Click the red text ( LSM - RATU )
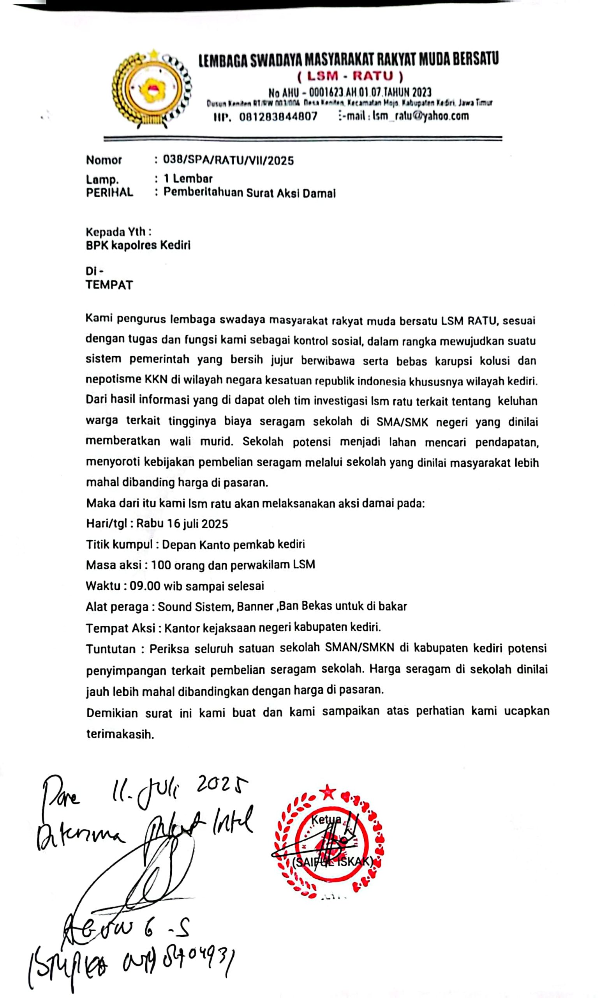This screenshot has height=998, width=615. [x=350, y=76]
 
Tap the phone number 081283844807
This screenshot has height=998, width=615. [x=278, y=117]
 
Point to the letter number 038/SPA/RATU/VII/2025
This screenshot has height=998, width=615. [x=228, y=160]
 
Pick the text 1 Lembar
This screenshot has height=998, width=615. [x=188, y=178]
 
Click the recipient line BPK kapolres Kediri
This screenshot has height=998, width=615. [x=138, y=246]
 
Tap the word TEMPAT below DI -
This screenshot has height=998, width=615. [x=109, y=285]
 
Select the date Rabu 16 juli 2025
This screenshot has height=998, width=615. [x=182, y=524]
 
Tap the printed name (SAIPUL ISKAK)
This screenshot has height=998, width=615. [x=332, y=862]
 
